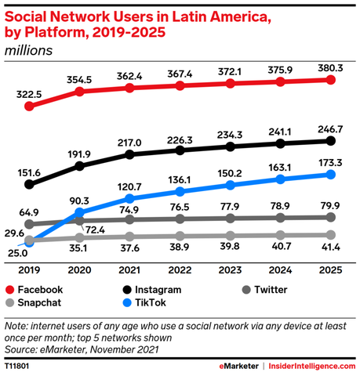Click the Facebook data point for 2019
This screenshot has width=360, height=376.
tap(30, 105)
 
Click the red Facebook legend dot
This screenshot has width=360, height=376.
tap(10, 289)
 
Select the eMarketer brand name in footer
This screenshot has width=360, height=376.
tap(241, 366)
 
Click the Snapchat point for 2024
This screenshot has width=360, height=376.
tap(280, 235)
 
